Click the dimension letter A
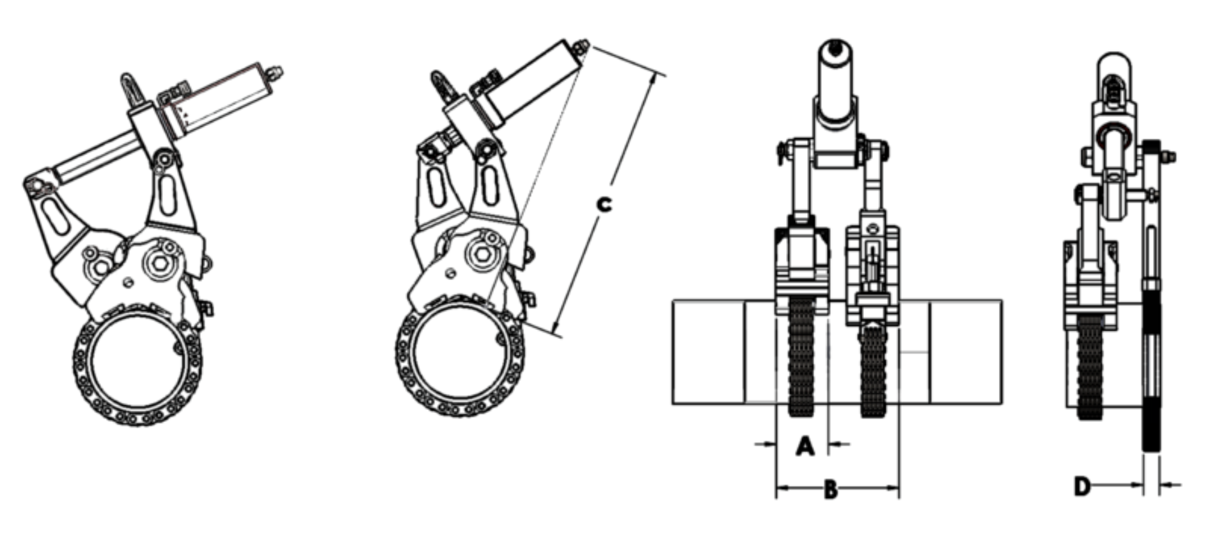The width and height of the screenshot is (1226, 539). (x=805, y=446)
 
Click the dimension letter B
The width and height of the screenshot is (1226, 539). (x=830, y=490)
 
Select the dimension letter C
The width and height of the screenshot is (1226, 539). (x=604, y=204)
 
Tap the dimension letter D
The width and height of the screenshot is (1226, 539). (x=1082, y=487)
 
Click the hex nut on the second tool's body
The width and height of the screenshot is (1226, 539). (x=480, y=253)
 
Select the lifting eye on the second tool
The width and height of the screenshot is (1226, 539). (x=441, y=86)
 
